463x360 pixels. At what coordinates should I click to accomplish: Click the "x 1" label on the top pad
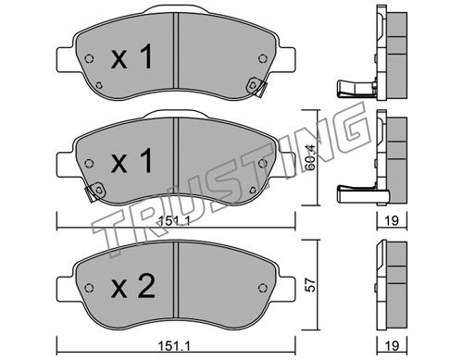[x=131, y=56]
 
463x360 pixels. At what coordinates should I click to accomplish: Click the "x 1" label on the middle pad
[x=131, y=160]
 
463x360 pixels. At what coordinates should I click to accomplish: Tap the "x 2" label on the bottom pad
[x=133, y=286]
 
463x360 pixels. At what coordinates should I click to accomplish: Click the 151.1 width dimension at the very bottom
[x=174, y=346]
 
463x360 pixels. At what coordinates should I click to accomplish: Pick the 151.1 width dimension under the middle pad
[x=174, y=220]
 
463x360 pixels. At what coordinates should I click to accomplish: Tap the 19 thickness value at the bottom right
[x=392, y=346]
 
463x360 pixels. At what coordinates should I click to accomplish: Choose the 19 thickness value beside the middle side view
[x=392, y=220]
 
